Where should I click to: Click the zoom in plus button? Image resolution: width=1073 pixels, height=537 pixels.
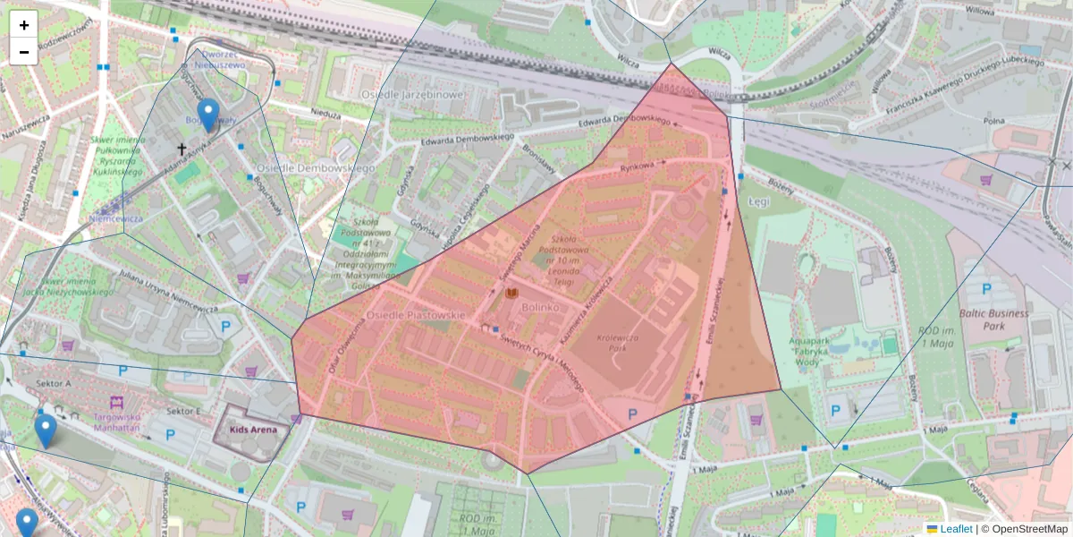[x=24, y=25]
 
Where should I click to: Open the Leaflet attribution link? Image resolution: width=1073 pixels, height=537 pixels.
[x=955, y=529]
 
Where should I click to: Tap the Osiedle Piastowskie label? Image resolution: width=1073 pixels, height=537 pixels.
[x=418, y=315]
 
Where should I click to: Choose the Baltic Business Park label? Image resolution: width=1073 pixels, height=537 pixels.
[x=993, y=320]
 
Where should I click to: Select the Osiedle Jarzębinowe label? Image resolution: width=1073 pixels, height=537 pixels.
[x=412, y=94]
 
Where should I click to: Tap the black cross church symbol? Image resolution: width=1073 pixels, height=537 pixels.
[x=182, y=149]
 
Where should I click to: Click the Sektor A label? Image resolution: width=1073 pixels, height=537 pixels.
[x=55, y=383]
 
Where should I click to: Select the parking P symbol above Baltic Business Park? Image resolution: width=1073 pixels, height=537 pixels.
[x=987, y=289]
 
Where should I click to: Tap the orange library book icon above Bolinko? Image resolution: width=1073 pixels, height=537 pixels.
[x=512, y=293]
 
